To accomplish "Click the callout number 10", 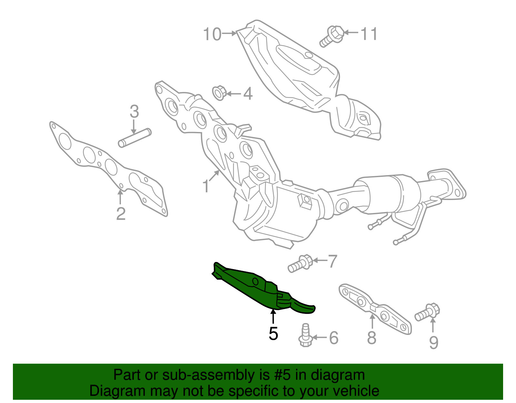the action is point(212,34).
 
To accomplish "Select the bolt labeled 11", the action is point(331,36).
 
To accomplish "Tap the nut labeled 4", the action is point(219,93).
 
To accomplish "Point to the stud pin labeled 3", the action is point(134,138).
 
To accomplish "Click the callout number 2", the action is point(121,214).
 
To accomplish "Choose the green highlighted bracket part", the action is point(263,287).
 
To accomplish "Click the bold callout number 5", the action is point(273,333).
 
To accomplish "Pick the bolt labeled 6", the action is point(305,335).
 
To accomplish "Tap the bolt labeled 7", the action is point(300,264).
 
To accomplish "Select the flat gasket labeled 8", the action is point(375,308).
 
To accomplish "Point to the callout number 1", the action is point(206,186).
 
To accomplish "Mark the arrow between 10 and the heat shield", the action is point(229,34).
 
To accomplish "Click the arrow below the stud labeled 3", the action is point(134,126).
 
